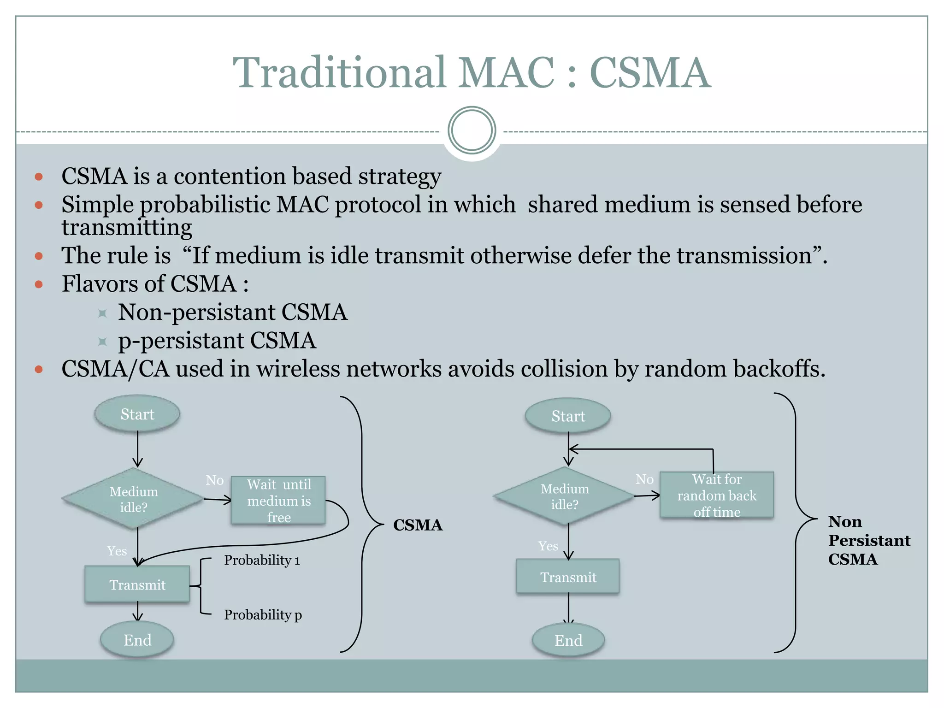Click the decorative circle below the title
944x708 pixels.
pyautogui.click(x=472, y=130)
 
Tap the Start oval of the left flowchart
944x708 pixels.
pyautogui.click(x=137, y=414)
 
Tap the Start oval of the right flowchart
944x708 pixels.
pyautogui.click(x=568, y=416)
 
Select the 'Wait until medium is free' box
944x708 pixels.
pyautogui.click(x=278, y=501)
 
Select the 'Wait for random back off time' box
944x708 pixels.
pyautogui.click(x=717, y=496)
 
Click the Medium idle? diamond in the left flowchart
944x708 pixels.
pyautogui.click(x=133, y=499)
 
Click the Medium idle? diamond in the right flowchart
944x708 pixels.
pyautogui.click(x=564, y=496)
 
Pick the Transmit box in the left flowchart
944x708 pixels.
pyautogui.click(x=137, y=584)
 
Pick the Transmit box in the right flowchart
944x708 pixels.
pyautogui.click(x=568, y=577)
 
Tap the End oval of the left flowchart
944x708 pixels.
pyautogui.click(x=137, y=640)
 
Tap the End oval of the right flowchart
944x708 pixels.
pyautogui.click(x=568, y=640)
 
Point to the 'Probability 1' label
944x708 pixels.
pyautogui.click(x=262, y=560)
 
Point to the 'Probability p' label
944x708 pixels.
pyautogui.click(x=263, y=614)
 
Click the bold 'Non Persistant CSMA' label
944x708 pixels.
pyautogui.click(x=868, y=540)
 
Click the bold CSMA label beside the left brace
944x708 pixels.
pyautogui.click(x=418, y=525)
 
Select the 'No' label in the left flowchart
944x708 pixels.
pyautogui.click(x=215, y=480)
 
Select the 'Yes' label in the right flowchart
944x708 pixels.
pyautogui.click(x=548, y=546)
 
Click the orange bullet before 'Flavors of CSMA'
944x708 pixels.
pyautogui.click(x=39, y=284)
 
